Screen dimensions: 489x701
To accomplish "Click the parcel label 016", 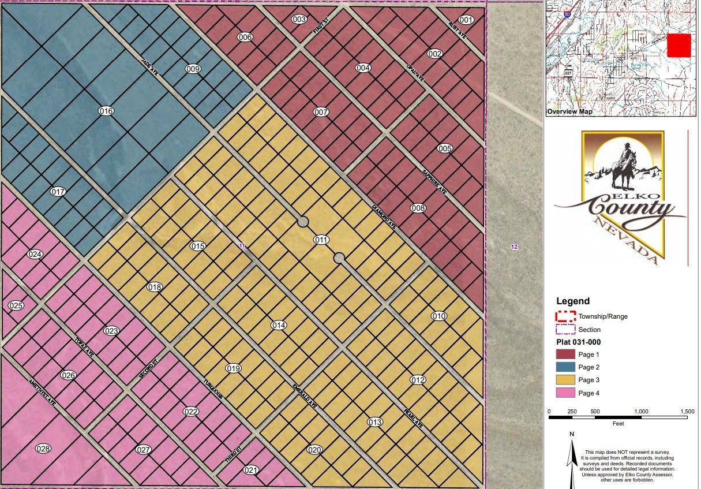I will [106, 111].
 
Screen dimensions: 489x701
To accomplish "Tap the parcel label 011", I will [321, 240].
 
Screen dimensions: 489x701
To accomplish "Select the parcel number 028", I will [43, 449].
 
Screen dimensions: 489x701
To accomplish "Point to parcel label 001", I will [466, 20].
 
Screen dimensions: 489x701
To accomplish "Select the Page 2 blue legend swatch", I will [565, 367].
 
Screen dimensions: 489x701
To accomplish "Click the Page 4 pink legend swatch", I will [565, 393].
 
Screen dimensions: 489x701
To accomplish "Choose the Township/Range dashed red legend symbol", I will [565, 316].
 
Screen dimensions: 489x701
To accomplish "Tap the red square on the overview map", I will [678, 45].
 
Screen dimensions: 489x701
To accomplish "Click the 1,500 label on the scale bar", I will [687, 412].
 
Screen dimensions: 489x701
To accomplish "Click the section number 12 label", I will [514, 247].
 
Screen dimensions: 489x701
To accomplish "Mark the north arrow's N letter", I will [571, 434].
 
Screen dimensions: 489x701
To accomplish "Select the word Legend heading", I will [573, 301].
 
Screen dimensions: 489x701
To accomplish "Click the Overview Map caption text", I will [569, 111].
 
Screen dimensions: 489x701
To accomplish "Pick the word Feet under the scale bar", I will [618, 423].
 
